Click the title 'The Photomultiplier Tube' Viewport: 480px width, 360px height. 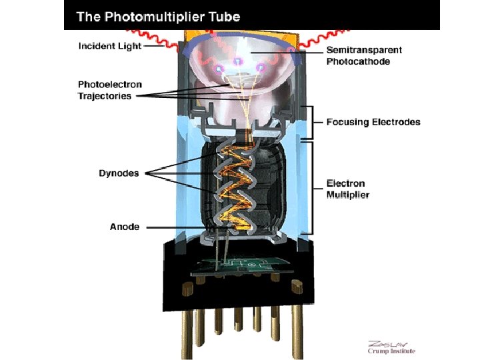[159, 17]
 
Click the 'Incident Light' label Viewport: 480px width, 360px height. [110, 46]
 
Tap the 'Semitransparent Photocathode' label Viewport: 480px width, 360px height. [364, 56]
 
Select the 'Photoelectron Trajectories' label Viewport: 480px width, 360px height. [110, 90]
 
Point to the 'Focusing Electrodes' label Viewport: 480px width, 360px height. [373, 122]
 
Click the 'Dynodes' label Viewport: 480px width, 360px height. [119, 173]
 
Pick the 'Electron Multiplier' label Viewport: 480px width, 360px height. [347, 189]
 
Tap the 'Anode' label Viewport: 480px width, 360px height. [125, 227]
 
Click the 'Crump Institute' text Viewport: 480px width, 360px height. [392, 351]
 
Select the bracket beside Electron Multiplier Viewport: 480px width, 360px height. [311, 188]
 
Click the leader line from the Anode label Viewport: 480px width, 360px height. [187, 227]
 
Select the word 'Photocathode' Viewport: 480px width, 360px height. [358, 61]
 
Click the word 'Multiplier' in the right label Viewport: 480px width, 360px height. [347, 195]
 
